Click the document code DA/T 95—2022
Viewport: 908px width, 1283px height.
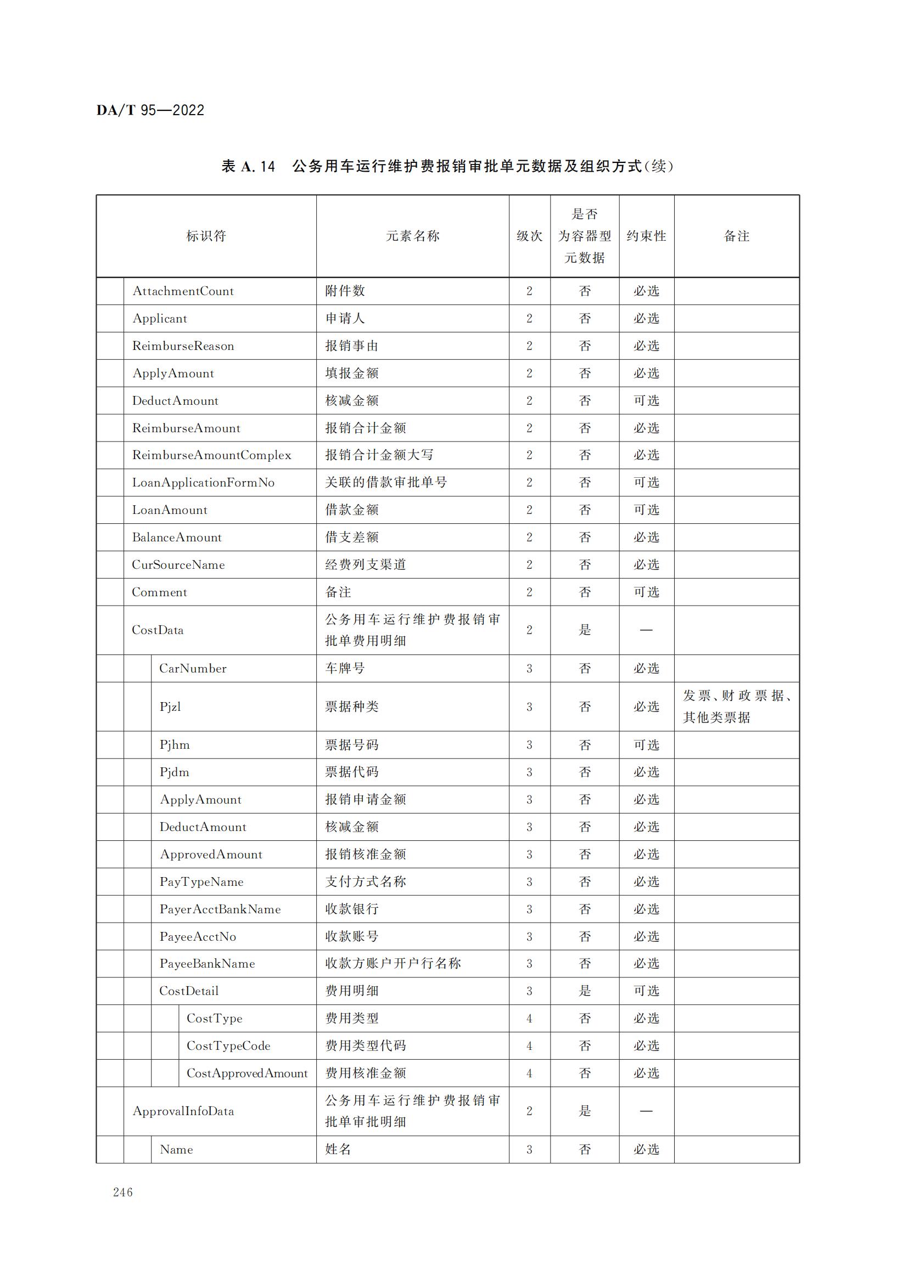click(150, 110)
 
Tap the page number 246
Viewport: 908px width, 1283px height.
click(123, 1192)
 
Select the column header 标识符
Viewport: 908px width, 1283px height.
click(206, 236)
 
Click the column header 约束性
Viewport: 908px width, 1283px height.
click(646, 236)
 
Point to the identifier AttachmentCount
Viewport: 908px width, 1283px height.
click(183, 291)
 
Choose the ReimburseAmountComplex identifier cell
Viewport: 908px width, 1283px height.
click(211, 455)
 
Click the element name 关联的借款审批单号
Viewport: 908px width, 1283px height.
click(386, 482)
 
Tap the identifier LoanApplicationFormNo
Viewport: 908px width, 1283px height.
click(203, 483)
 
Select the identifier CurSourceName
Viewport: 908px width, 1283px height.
click(178, 565)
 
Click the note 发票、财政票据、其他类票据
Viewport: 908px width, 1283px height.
click(736, 707)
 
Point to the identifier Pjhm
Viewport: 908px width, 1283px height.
click(175, 745)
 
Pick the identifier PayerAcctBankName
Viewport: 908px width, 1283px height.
click(220, 909)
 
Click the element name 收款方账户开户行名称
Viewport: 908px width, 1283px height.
click(393, 963)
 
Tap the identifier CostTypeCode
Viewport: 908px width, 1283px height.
click(228, 1046)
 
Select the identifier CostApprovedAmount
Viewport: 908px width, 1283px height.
click(247, 1073)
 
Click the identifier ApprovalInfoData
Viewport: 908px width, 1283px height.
click(183, 1111)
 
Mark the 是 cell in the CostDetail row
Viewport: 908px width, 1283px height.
click(585, 991)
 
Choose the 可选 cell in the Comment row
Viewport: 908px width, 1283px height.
click(646, 592)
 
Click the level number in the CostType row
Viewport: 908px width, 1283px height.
click(529, 1019)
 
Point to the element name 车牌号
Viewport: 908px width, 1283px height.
click(345, 668)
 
